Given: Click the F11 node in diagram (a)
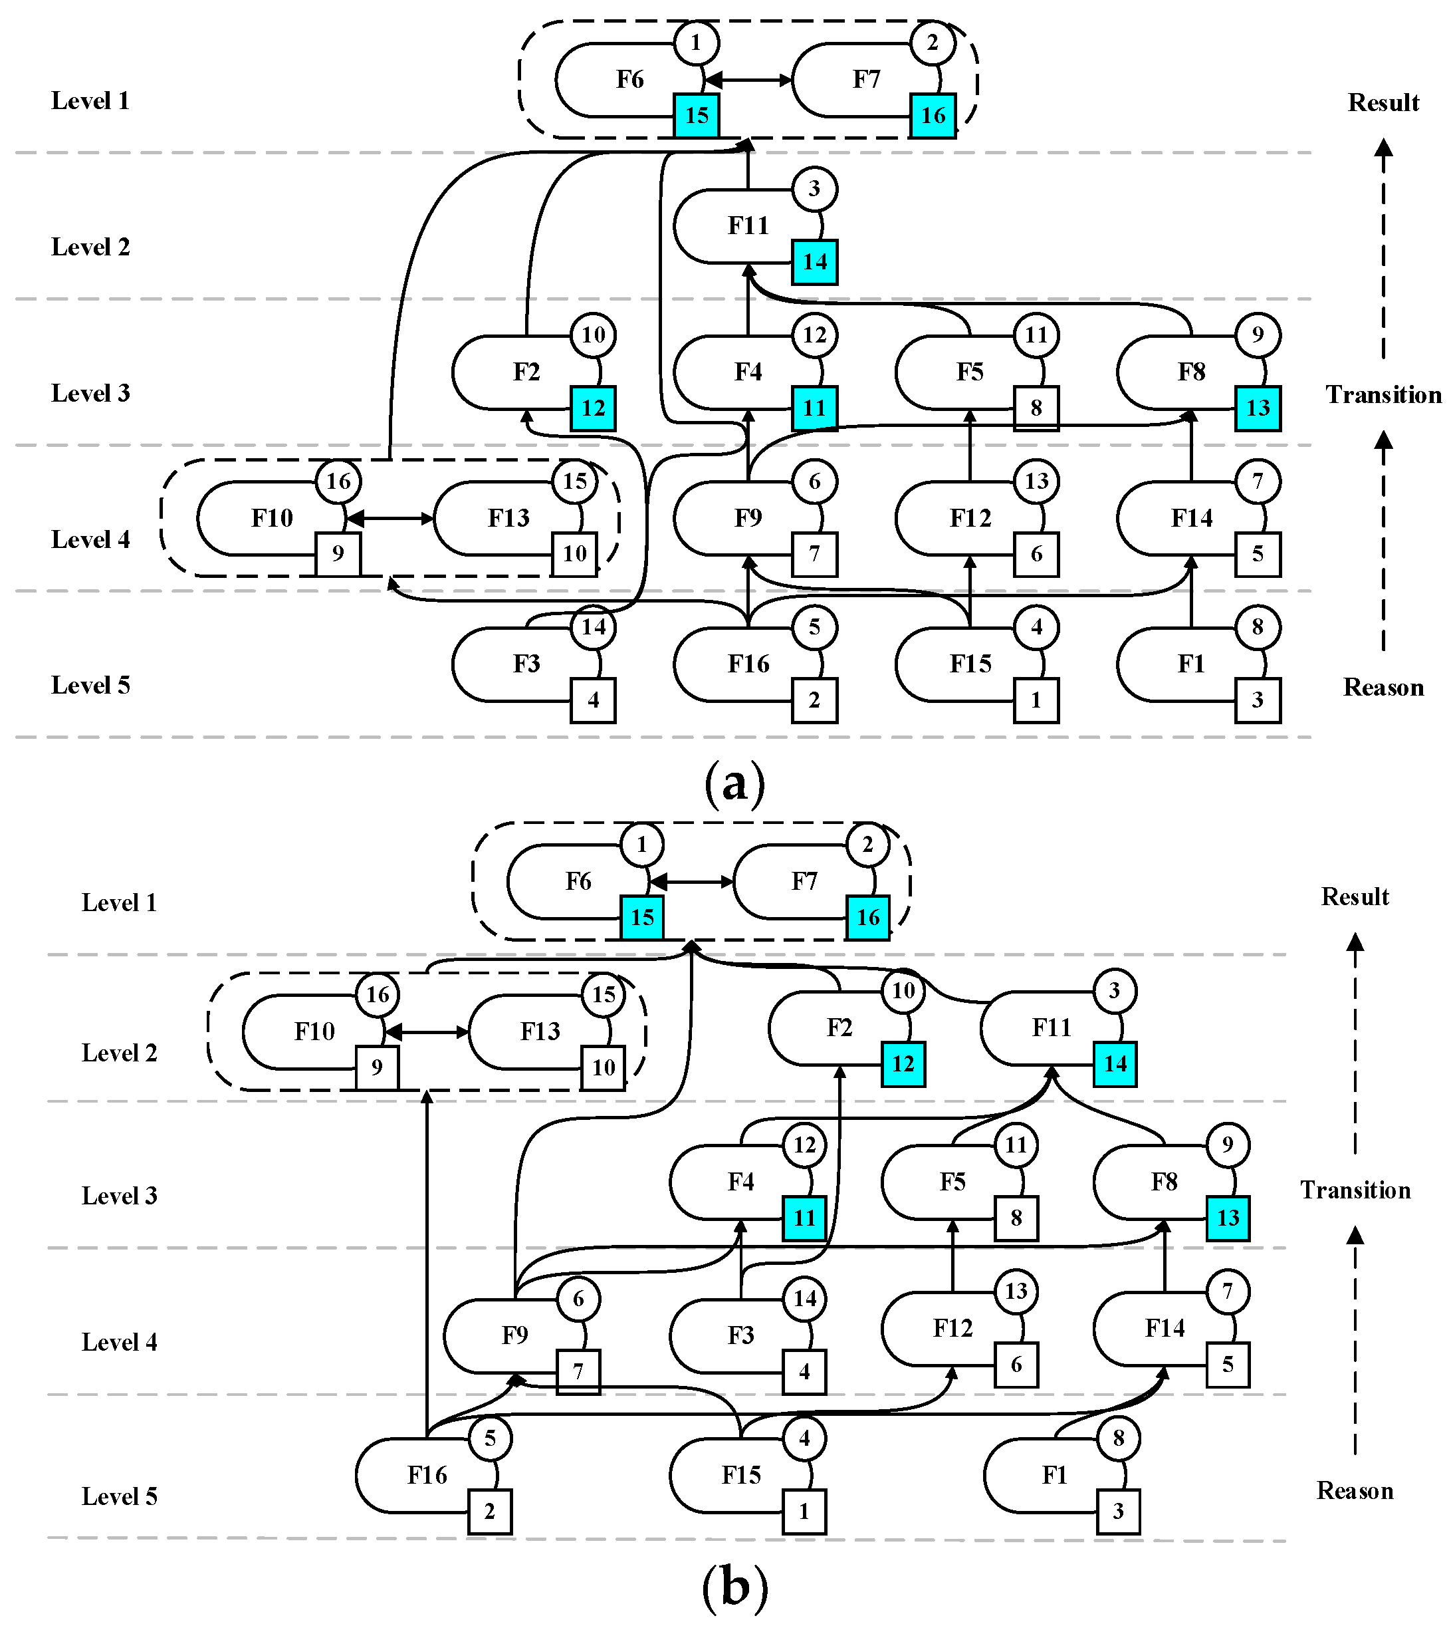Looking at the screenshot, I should coord(747,225).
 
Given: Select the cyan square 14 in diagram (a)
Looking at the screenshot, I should coord(814,261).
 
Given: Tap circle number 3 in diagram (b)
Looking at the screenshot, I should coord(1114,991).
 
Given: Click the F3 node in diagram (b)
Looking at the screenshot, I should coord(740,1335).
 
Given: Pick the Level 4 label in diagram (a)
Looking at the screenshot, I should coord(90,539).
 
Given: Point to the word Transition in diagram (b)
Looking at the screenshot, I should coord(1355,1190).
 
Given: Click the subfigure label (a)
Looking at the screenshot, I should coord(734,783).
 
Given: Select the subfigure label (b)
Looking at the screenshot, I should coord(734,1587).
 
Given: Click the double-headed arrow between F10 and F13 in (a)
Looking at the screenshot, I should coord(391,519).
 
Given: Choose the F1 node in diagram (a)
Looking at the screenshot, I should coord(1190,664).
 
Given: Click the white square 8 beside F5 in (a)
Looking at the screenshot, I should coord(1036,408).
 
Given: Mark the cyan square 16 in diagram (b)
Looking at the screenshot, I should coord(867,917).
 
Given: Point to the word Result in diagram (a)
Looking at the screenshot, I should coord(1383,102).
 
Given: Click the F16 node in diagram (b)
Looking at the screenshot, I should coord(427,1475).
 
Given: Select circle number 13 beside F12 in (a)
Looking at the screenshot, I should coord(1036,481).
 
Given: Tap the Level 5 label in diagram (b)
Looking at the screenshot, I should coord(120,1496).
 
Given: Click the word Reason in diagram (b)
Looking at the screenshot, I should coord(1355,1490).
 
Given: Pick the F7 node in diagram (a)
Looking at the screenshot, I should coord(866,80).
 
